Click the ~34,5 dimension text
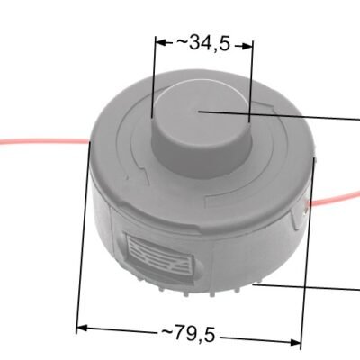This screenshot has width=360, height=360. point(204,43)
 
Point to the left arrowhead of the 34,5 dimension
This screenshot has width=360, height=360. point(158,41)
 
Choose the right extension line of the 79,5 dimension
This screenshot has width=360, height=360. point(308,252)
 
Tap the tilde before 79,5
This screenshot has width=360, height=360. point(166,333)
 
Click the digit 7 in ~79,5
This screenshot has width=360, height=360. point(180,334)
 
